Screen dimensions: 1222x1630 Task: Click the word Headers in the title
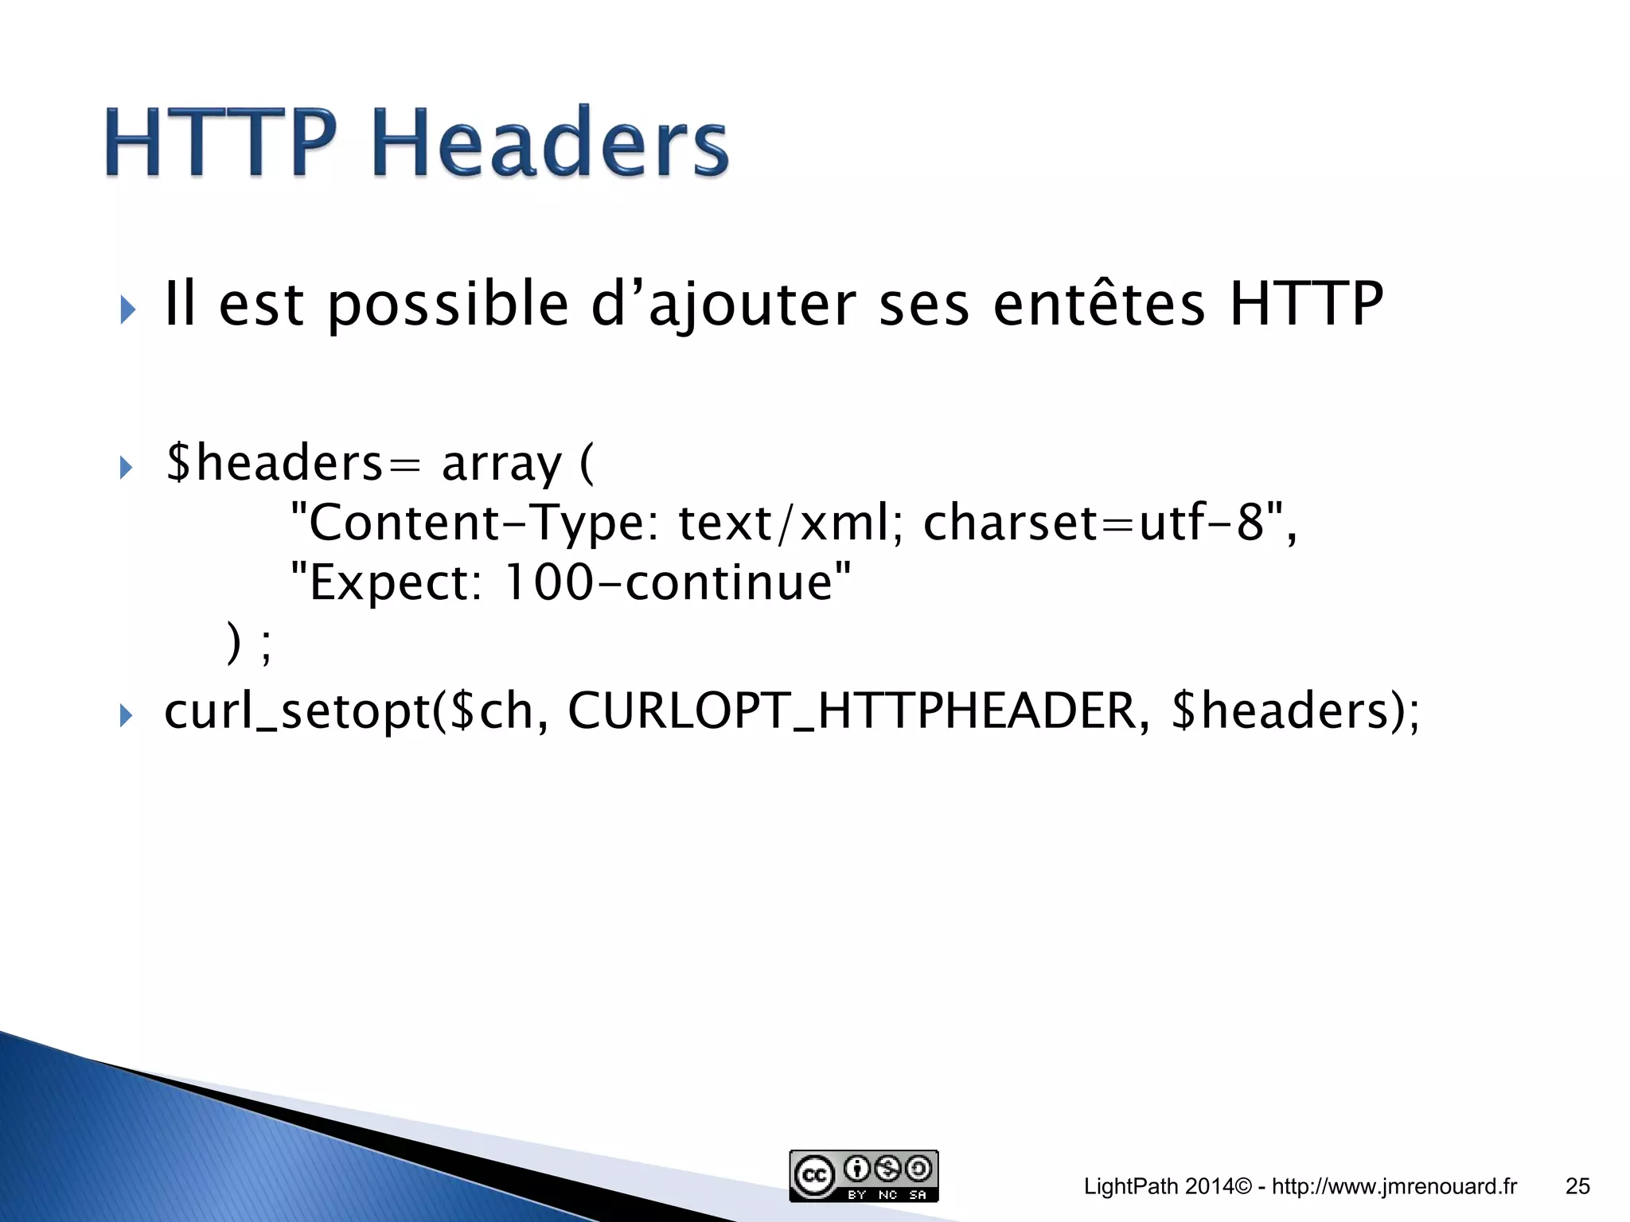coord(549,143)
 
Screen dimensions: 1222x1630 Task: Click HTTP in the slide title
coord(220,143)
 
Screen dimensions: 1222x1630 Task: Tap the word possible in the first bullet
coord(447,305)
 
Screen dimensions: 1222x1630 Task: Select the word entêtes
coord(1099,305)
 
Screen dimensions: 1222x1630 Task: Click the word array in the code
coord(501,464)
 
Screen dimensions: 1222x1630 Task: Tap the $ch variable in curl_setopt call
coord(491,710)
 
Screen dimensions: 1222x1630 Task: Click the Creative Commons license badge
coord(864,1176)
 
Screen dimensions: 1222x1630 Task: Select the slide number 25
coord(1577,1187)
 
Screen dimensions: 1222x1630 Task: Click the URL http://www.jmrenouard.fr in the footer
coord(1394,1187)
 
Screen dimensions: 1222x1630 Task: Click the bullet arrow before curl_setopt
coord(126,715)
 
